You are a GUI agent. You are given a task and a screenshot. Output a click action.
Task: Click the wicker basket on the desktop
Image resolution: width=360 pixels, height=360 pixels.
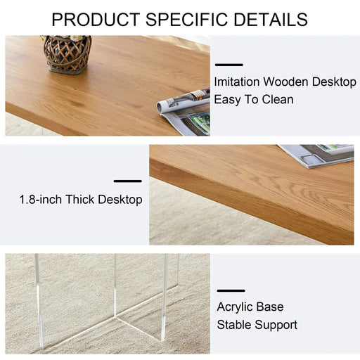(x=67, y=53)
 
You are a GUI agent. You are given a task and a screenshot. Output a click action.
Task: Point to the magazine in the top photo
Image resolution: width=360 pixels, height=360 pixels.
(x=185, y=109)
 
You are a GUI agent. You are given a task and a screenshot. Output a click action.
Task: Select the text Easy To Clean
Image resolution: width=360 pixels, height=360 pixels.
(x=254, y=99)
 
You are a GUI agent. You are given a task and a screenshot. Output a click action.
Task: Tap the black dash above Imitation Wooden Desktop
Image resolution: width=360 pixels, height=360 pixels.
(x=229, y=65)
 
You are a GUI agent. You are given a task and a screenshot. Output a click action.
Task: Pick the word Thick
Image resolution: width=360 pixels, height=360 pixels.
(x=81, y=200)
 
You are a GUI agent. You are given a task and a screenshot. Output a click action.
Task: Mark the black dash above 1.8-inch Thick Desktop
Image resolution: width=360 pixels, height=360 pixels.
(x=127, y=181)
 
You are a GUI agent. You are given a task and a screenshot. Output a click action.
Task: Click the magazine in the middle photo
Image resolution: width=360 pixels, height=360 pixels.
(x=316, y=154)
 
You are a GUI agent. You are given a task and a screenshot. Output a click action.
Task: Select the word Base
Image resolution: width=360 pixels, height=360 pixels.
(x=271, y=307)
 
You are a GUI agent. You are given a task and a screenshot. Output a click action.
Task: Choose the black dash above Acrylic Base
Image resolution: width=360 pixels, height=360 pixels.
(x=231, y=290)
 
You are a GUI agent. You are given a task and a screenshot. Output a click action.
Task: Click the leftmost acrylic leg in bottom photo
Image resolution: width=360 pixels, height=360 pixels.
(x=38, y=302)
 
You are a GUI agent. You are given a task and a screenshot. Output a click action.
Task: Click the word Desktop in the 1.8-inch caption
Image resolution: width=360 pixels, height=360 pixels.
(x=120, y=200)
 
